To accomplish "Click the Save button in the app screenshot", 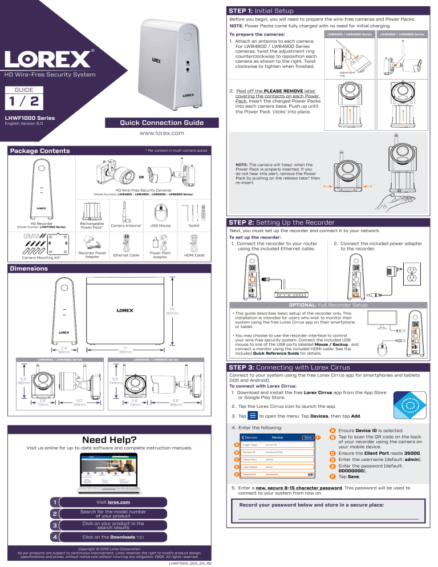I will tap(308, 438).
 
